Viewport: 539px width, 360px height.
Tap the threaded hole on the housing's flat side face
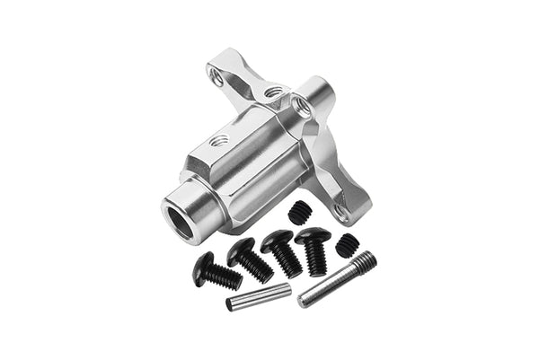tap(219, 141)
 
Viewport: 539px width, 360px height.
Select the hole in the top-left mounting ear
tap(217, 80)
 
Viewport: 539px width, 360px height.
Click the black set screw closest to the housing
tap(300, 212)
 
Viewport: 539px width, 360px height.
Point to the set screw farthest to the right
tap(346, 243)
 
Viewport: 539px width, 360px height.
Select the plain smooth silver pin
tap(258, 297)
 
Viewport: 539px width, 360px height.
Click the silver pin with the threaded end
tap(336, 278)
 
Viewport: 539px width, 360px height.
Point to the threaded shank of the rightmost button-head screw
tap(316, 259)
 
